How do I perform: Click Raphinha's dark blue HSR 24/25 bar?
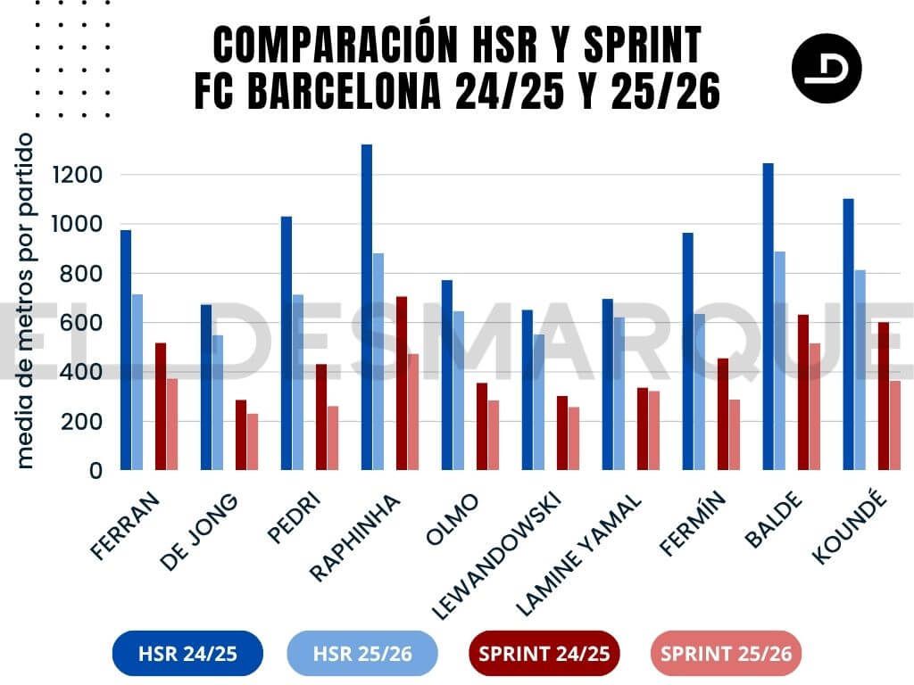(x=367, y=307)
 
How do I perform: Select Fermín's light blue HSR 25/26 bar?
(x=700, y=392)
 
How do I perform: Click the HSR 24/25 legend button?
(x=187, y=654)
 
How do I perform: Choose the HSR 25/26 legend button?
(x=362, y=654)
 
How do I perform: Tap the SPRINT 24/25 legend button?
(x=544, y=654)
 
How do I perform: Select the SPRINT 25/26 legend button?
(x=726, y=654)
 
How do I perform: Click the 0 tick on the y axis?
(x=94, y=471)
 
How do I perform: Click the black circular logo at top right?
(x=826, y=68)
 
